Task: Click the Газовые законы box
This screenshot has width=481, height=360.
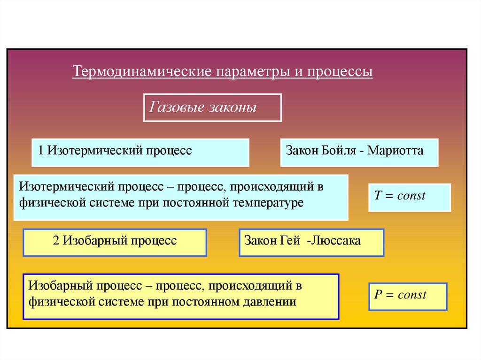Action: coord(212,108)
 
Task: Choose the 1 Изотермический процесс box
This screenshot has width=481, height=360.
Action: coord(140,152)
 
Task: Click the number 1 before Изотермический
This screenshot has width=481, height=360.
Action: coord(41,151)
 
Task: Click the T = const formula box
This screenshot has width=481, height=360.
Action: coord(409,197)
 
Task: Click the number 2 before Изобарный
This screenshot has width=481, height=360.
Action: coord(56,241)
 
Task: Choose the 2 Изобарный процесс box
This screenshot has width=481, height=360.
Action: coord(115,242)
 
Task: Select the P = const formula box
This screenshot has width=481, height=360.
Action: coord(408,296)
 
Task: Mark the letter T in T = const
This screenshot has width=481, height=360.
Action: coord(377,196)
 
